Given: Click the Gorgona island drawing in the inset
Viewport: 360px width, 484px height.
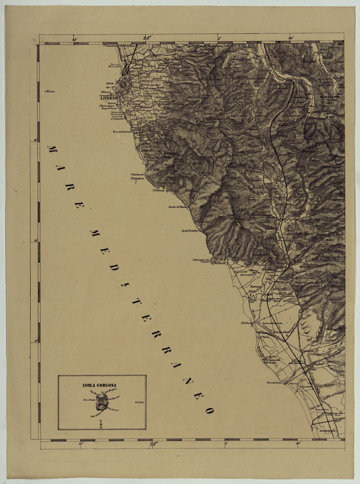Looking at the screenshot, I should [x=103, y=403].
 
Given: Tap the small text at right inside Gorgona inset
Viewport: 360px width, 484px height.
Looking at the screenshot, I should [x=140, y=403].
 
